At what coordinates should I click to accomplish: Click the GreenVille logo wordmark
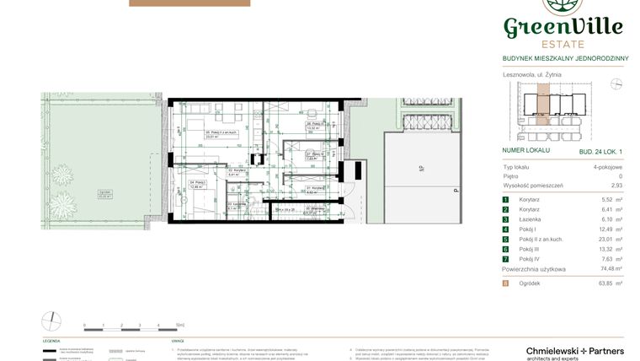click(563, 27)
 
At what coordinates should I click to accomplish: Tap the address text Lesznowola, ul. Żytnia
click(532, 74)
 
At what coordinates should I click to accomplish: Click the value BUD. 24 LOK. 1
click(602, 150)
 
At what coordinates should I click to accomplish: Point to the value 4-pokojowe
click(605, 168)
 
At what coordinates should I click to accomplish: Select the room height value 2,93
click(616, 185)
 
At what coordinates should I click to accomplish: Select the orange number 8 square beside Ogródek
click(506, 283)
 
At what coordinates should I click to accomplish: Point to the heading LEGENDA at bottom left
click(51, 342)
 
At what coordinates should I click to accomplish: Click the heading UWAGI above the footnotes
click(178, 342)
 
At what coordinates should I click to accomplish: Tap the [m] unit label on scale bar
click(181, 323)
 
